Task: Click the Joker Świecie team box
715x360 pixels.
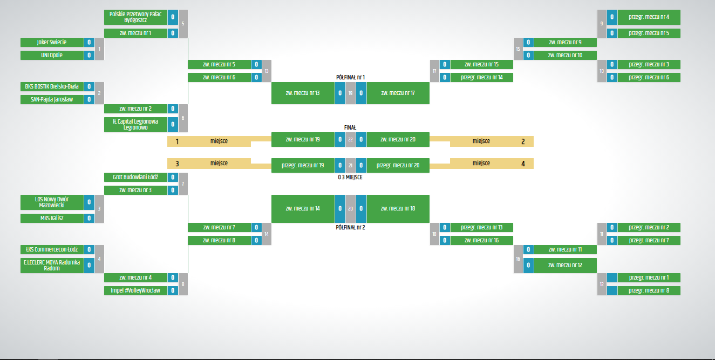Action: [52, 42]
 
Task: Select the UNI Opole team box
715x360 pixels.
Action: [52, 55]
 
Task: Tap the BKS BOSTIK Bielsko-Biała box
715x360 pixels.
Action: [52, 86]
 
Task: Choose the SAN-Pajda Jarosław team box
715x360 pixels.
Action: [52, 99]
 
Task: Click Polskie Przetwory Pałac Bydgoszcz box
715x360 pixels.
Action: [135, 17]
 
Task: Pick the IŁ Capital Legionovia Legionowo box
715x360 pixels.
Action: [135, 125]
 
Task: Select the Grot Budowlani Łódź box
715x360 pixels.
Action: [135, 177]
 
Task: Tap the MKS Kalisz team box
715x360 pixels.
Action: [52, 218]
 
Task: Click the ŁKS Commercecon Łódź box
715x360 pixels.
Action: [52, 249]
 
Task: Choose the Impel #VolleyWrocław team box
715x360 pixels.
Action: [135, 290]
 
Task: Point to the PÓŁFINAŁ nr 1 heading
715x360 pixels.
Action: [350, 77]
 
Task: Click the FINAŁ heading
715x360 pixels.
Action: [350, 127]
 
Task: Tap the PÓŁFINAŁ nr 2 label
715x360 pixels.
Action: [350, 227]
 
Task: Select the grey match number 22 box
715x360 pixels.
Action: [350, 139]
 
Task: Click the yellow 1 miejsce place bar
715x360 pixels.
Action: [209, 141]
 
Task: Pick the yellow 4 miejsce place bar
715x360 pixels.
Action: [492, 163]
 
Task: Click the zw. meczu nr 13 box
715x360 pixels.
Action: [302, 93]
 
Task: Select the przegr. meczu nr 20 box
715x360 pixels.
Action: [398, 165]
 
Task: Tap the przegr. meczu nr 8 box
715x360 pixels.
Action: [649, 290]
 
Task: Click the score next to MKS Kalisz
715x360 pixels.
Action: [89, 218]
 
